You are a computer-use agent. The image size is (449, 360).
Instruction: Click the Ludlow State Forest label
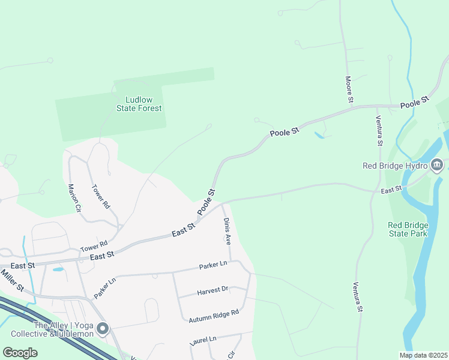[x=139, y=104]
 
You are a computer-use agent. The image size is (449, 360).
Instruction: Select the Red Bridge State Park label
[x=408, y=229]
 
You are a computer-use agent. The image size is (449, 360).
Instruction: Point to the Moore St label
[x=348, y=89]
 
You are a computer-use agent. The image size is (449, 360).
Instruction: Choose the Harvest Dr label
[x=212, y=290]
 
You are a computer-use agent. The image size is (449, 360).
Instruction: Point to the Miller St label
[x=12, y=280]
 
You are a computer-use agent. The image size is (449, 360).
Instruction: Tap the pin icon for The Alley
[x=103, y=328]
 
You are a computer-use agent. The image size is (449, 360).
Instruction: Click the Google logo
[x=20, y=352]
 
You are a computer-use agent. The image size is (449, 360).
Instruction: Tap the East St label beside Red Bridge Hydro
[x=391, y=190]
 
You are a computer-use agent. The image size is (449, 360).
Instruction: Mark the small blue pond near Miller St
[x=58, y=269]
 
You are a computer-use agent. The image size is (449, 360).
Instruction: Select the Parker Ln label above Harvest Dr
[x=214, y=265]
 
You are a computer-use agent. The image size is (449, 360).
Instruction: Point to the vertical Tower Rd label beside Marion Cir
[x=100, y=196]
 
